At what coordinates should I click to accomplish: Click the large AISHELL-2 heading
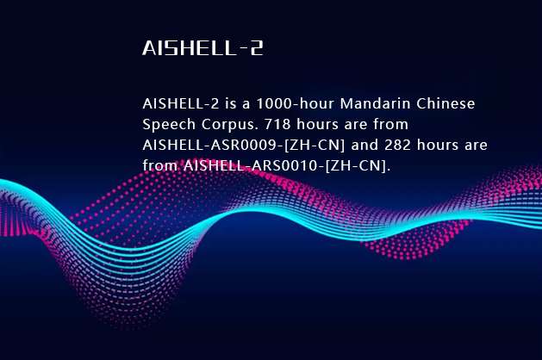point(202,48)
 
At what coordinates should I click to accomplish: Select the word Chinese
point(446,104)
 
